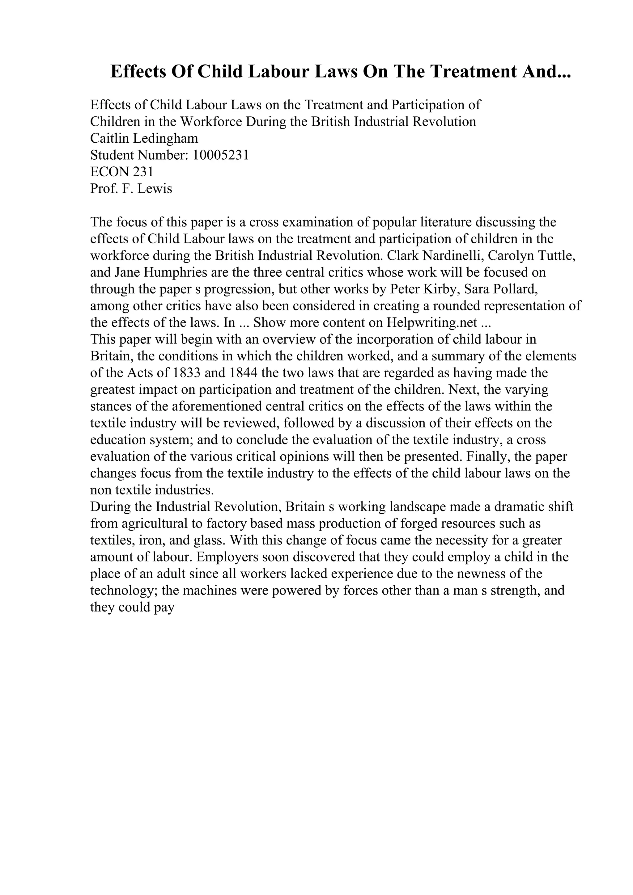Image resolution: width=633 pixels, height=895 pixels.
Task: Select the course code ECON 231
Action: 122,172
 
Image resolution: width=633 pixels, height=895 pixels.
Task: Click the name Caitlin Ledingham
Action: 144,138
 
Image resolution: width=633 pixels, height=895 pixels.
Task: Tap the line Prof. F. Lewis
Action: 131,189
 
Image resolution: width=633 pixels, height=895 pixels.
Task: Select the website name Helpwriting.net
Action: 432,323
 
